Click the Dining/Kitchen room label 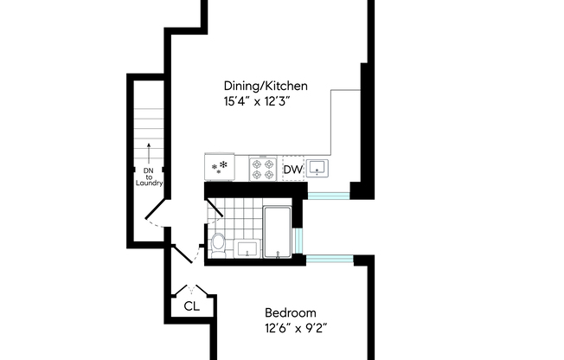click(266, 86)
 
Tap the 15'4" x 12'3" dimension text click(257, 101)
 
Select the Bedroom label click(291, 312)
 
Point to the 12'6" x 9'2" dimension click(296, 328)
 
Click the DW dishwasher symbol click(293, 169)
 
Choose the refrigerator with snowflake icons click(220, 167)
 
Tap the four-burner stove click(263, 169)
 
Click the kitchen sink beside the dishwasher click(317, 167)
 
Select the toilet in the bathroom click(218, 245)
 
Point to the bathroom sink click(247, 248)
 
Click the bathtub click(277, 232)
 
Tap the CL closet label click(191, 306)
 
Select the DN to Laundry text click(149, 177)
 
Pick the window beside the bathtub click(298, 241)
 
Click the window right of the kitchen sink click(329, 196)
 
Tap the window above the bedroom click(330, 259)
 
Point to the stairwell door click(155, 209)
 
